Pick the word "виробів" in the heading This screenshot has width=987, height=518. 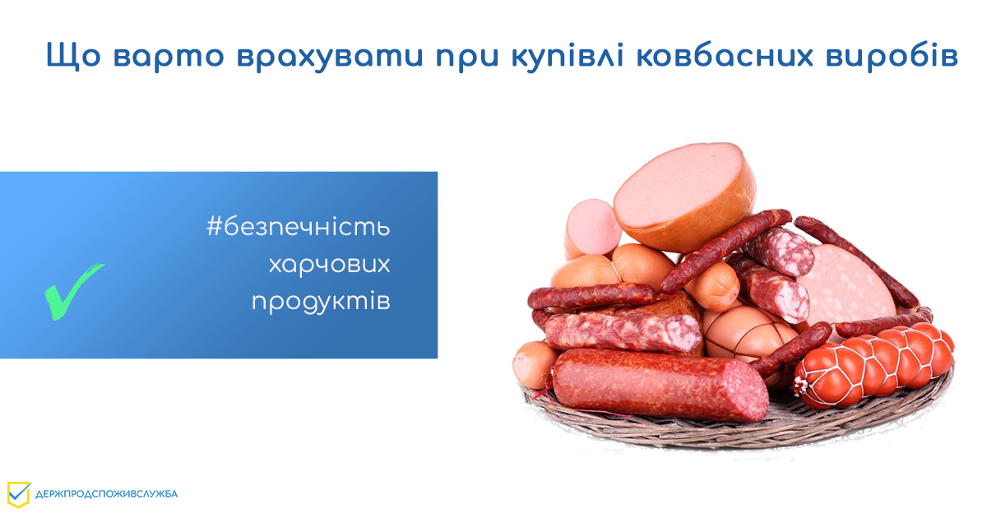pos(895,58)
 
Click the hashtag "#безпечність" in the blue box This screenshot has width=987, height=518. pos(299,227)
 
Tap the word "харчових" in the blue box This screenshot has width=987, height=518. pos(329,265)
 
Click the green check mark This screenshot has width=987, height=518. pos(72,289)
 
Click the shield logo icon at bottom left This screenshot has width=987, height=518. pos(18,493)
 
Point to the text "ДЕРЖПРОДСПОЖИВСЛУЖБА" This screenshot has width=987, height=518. pos(106,494)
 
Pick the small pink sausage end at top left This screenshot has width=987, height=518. pos(590,226)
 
